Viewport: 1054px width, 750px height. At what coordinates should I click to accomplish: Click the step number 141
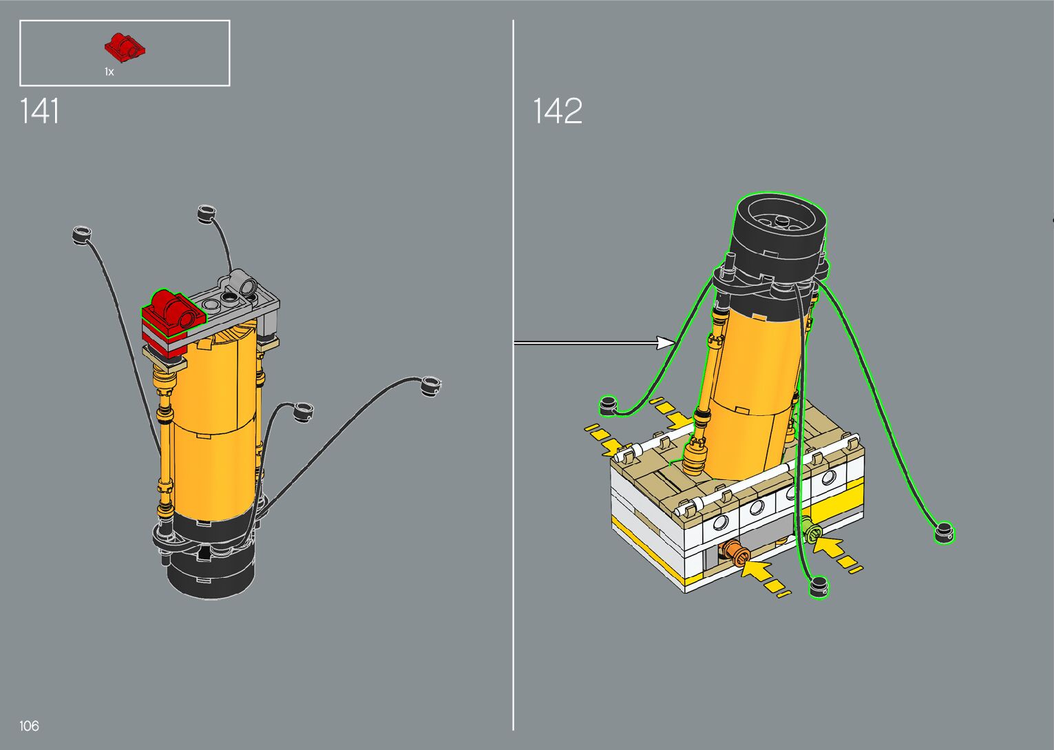(x=39, y=111)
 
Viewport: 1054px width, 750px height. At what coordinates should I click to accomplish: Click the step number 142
(x=558, y=111)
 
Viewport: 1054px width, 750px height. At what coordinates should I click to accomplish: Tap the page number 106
(x=29, y=725)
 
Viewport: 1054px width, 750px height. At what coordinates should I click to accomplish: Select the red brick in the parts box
(x=125, y=48)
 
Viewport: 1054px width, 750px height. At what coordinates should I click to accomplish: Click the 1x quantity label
(x=109, y=72)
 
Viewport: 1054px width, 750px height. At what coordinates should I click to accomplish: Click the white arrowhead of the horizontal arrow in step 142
(x=666, y=343)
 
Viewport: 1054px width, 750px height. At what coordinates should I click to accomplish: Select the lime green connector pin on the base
(x=810, y=529)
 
